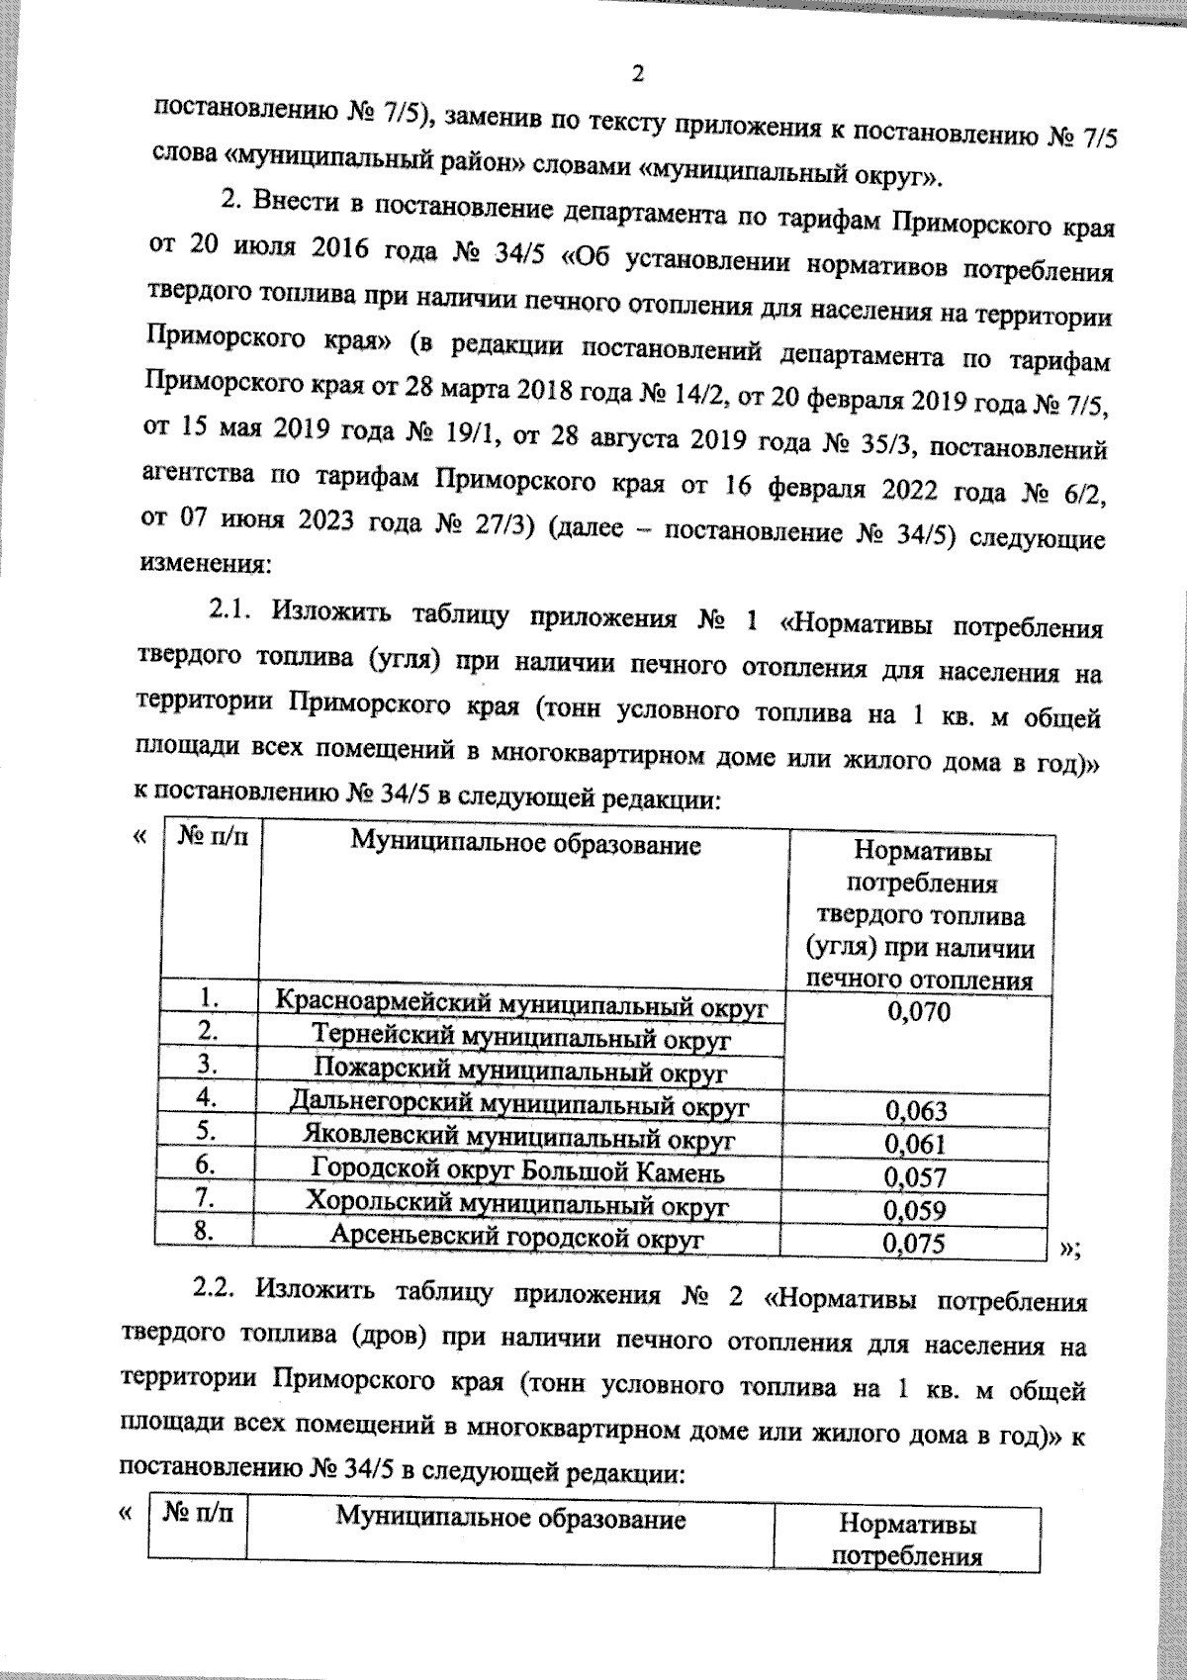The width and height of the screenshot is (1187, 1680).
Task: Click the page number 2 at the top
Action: coord(637,73)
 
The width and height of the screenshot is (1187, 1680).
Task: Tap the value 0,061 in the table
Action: coord(916,1144)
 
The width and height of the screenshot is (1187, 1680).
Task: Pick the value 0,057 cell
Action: coord(916,1177)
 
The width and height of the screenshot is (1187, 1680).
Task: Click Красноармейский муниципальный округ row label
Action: coord(521,1004)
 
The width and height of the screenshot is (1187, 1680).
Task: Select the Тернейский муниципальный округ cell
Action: coord(521,1038)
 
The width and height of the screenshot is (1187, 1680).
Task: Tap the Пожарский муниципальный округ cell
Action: coord(521,1070)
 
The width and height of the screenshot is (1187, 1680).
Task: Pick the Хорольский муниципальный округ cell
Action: coord(517,1205)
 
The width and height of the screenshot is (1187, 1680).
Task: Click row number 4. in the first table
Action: coord(206,1096)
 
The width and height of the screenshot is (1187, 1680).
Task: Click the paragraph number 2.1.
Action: coord(233,613)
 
